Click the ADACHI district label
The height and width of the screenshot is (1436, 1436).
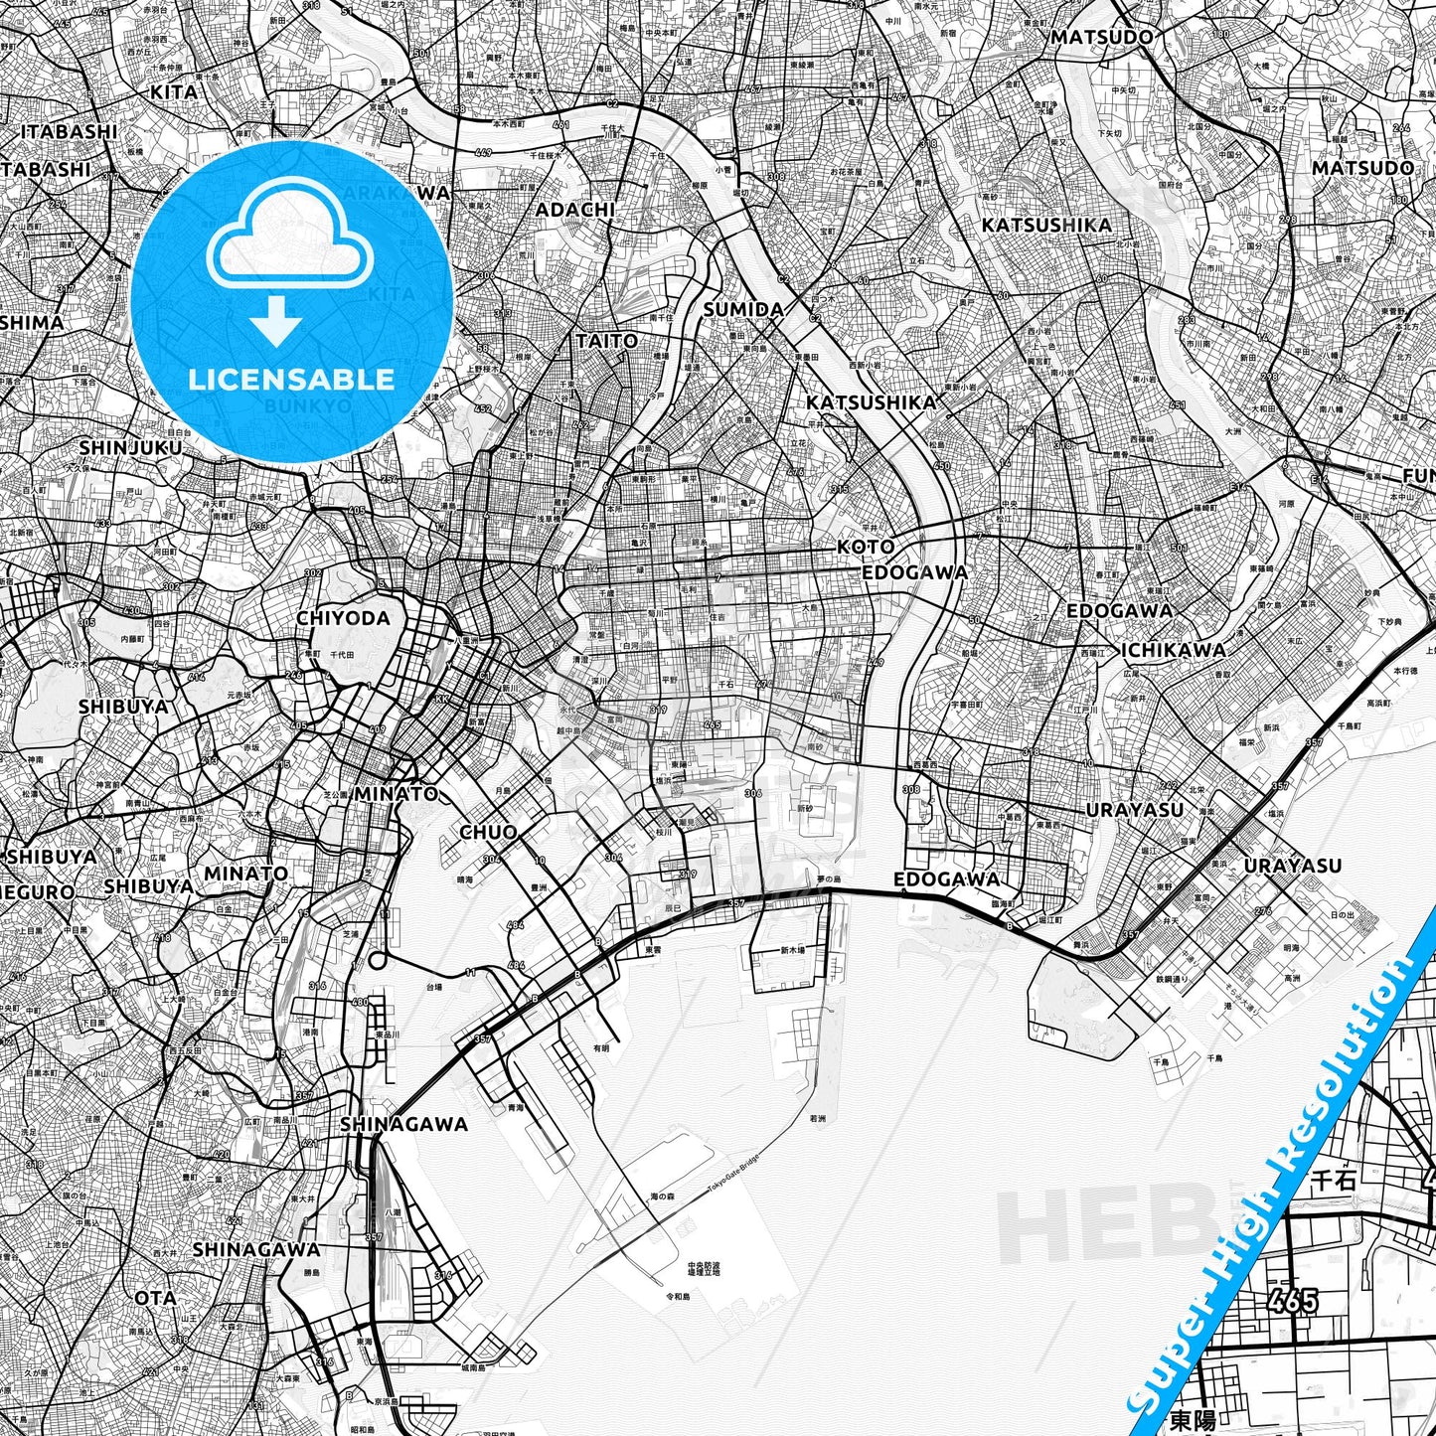574,210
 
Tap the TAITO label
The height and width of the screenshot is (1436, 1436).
606,341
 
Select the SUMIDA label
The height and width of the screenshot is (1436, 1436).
743,310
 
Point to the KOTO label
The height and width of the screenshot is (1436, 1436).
865,547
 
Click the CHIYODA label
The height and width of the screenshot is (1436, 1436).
343,618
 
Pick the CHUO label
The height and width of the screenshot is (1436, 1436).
488,832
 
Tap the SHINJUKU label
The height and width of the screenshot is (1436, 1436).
130,448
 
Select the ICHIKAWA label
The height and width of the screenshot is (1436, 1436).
1173,650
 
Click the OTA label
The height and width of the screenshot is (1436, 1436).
155,1298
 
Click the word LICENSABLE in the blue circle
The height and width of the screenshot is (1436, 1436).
291,379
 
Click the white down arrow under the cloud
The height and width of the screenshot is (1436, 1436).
276,321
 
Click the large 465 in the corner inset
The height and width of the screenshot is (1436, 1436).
1293,1301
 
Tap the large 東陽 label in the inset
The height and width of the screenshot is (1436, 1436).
1193,1419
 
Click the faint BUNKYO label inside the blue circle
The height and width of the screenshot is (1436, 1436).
308,405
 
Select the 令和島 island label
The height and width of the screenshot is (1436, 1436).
677,1296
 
